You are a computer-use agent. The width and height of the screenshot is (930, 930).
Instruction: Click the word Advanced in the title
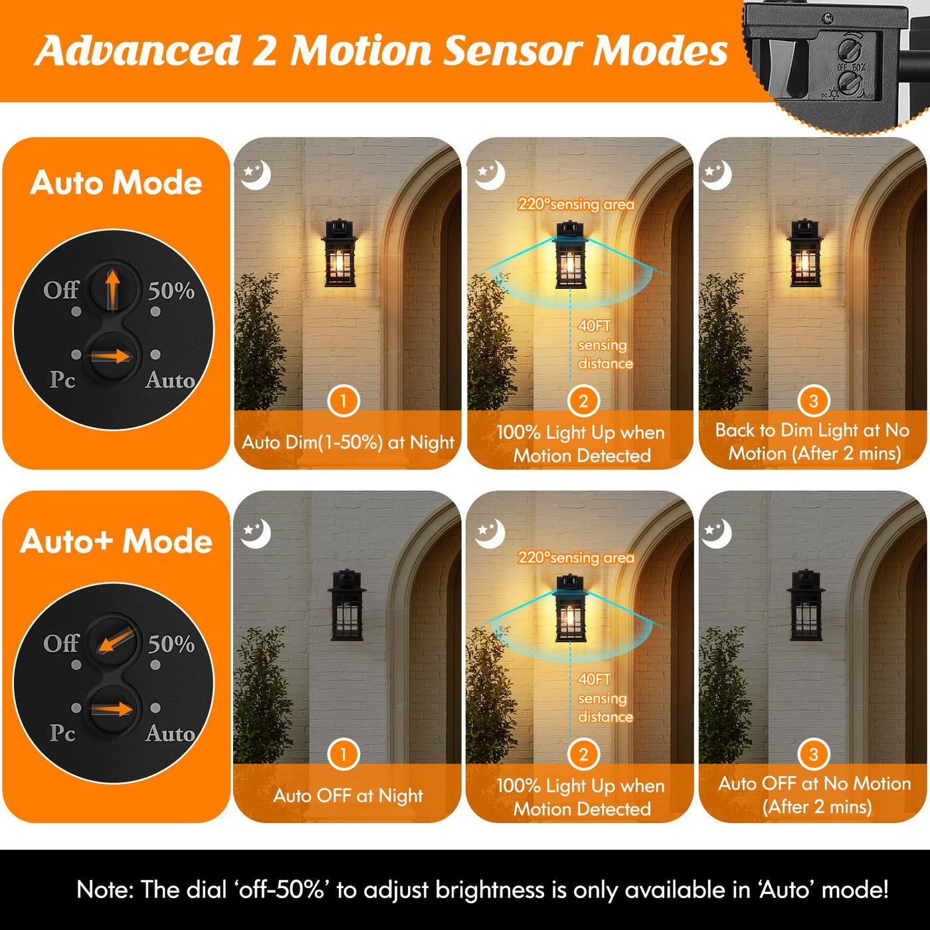pyautogui.click(x=138, y=50)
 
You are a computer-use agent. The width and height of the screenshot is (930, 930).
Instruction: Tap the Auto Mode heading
pyautogui.click(x=116, y=183)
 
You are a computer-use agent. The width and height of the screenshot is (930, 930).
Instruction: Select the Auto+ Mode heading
pyautogui.click(x=116, y=541)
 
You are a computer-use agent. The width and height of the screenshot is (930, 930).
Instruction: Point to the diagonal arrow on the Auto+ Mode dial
pyautogui.click(x=116, y=640)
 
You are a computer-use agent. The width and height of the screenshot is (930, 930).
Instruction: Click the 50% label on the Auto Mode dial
pyautogui.click(x=171, y=290)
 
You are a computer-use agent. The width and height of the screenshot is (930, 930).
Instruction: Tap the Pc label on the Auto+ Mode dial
pyautogui.click(x=62, y=733)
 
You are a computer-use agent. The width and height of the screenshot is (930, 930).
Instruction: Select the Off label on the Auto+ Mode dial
pyautogui.click(x=61, y=643)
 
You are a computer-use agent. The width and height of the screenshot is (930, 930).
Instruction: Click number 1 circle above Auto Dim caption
pyautogui.click(x=343, y=401)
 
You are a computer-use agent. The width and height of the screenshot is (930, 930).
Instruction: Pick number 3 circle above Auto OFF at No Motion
pyautogui.click(x=813, y=754)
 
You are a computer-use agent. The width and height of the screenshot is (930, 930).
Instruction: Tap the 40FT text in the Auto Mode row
pyautogui.click(x=594, y=326)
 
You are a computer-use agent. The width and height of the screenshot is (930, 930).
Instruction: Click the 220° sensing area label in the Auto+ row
pyautogui.click(x=576, y=557)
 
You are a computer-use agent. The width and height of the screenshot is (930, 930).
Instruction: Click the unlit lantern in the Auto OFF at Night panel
pyautogui.click(x=347, y=604)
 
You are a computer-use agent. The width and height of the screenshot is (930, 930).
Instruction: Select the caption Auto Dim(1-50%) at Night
pyautogui.click(x=347, y=442)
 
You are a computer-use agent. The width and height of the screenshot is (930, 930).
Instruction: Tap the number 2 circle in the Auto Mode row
pyautogui.click(x=583, y=401)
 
